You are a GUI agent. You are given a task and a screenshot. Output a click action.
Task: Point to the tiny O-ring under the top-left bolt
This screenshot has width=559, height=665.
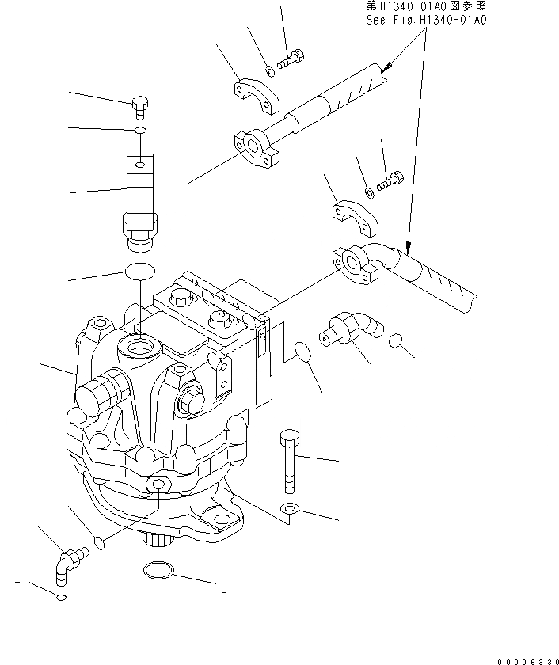pyautogui.click(x=139, y=129)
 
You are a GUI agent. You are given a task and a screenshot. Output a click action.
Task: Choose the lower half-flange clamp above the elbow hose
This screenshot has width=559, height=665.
pyautogui.click(x=353, y=219)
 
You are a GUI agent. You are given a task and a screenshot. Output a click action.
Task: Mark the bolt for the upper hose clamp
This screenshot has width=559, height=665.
pyautogui.click(x=291, y=57)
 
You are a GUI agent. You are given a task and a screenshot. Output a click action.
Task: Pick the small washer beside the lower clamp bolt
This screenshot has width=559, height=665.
pyautogui.click(x=370, y=191)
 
